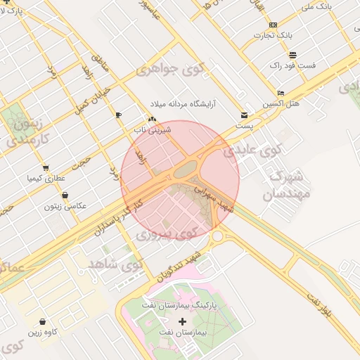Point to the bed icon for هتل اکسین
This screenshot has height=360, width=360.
click(281, 94)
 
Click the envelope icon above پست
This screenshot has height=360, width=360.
click(244, 115)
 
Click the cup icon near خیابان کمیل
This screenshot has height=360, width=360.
click(118, 115)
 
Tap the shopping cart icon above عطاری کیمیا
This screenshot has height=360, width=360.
click(46, 168)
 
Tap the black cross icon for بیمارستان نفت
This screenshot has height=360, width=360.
click(183, 320)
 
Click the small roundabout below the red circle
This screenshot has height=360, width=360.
click(217, 238)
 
